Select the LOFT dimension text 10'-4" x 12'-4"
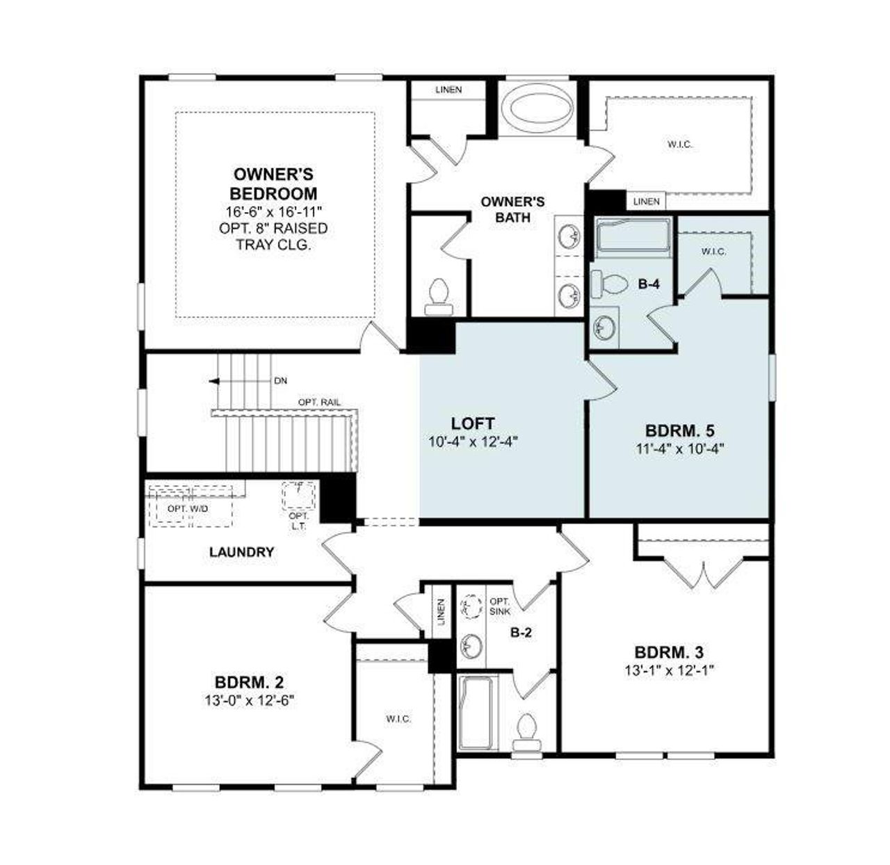[x=474, y=440]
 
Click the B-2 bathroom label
[x=521, y=633]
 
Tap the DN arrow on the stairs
[x=214, y=381]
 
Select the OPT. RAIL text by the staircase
[x=318, y=403]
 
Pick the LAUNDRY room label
[x=241, y=552]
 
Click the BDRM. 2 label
[x=249, y=681]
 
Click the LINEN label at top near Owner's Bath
[x=448, y=90]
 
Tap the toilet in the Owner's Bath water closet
[x=439, y=293]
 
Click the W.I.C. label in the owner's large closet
[x=680, y=145]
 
